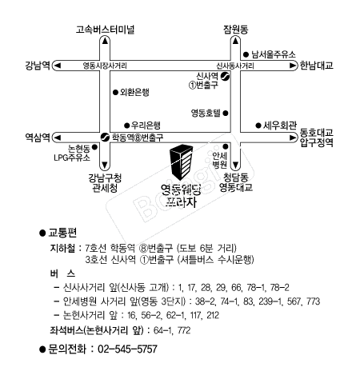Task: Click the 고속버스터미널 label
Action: pos(105,30)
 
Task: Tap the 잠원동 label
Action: pos(236,29)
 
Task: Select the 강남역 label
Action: pos(38,66)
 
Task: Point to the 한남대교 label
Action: pos(317,66)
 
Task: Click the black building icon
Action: pos(182,162)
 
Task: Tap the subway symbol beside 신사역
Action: pos(226,77)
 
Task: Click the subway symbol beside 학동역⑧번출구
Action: pos(105,138)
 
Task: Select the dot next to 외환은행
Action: pos(115,93)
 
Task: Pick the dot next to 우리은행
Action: pos(126,126)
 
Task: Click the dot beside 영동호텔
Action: pos(226,114)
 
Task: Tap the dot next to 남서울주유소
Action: pos(246,54)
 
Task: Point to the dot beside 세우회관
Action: pos(258,126)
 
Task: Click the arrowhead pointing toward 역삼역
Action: pos(58,138)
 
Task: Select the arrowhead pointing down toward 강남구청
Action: pos(105,165)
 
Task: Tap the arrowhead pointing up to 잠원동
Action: pos(235,41)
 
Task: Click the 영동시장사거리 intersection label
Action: pos(105,66)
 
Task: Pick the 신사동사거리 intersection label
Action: pos(235,66)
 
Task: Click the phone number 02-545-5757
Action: pos(127,349)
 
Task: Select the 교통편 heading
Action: pos(62,233)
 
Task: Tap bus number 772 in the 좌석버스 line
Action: pos(184,330)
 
